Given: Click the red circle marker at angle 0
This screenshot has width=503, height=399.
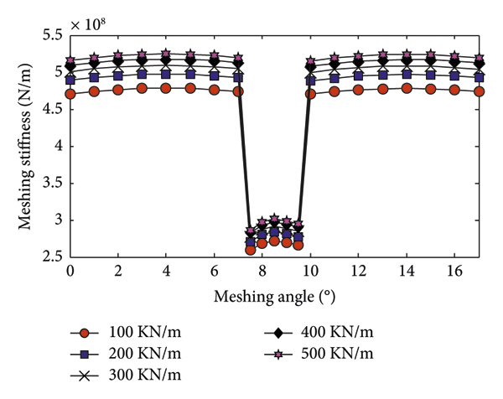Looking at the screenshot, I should [70, 94].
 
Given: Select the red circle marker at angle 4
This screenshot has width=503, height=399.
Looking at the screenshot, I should [166, 88].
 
